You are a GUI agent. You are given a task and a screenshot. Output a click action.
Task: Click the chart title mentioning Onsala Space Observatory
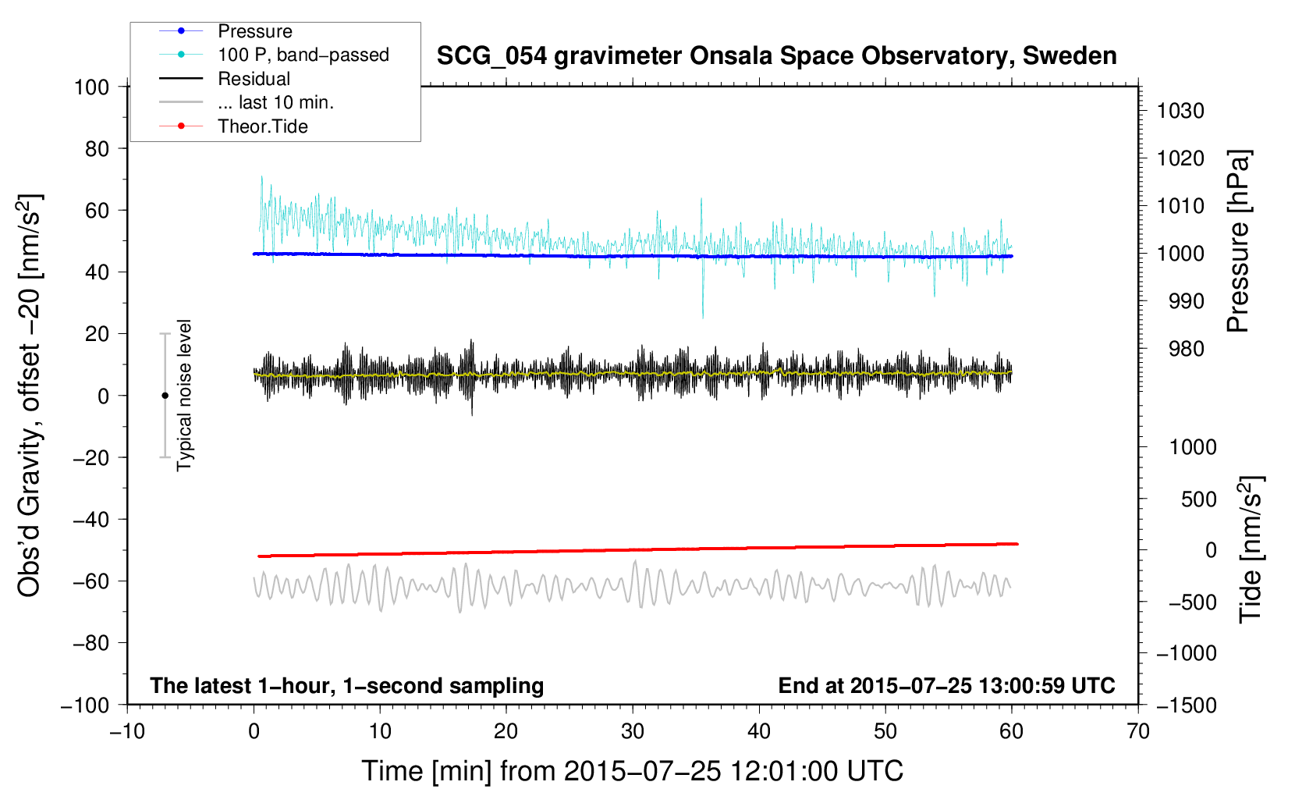[x=776, y=56]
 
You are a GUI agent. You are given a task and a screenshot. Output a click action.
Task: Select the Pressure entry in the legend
[x=254, y=31]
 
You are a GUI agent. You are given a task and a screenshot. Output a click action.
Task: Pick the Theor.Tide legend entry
[x=262, y=126]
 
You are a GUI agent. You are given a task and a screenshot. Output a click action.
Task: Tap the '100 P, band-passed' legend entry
[x=303, y=55]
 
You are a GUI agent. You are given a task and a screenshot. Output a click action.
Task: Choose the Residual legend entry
[x=254, y=79]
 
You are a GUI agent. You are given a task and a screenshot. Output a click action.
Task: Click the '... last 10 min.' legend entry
[x=275, y=102]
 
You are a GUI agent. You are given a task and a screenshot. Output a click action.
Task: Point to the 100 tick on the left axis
[x=91, y=87]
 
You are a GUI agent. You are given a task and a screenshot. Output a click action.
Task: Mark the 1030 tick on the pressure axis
[x=1180, y=111]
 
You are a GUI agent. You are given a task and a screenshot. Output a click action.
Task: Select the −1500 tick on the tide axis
[x=1186, y=705]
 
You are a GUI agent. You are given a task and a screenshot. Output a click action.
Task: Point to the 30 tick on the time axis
[x=633, y=731]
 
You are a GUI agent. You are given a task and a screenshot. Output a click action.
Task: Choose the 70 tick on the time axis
[x=1138, y=731]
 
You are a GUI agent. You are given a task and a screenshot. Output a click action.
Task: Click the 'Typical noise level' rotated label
[x=184, y=395]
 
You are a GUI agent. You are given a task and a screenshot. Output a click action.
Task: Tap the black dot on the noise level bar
[x=165, y=396]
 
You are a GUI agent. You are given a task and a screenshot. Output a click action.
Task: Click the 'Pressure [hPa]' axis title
[x=1238, y=241]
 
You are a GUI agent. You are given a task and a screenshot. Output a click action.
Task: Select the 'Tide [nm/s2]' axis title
[x=1251, y=549]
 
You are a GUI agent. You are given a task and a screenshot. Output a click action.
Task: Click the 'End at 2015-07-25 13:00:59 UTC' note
[x=946, y=685]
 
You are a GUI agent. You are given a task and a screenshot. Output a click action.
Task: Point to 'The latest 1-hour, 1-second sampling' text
[x=347, y=685]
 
